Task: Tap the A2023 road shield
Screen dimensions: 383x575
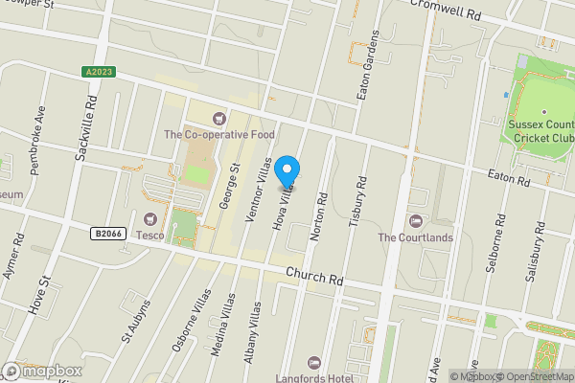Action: (97, 71)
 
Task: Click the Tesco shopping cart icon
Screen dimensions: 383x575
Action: (149, 219)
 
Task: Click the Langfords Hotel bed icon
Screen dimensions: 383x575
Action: (313, 363)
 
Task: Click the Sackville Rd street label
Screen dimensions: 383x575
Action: (88, 125)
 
